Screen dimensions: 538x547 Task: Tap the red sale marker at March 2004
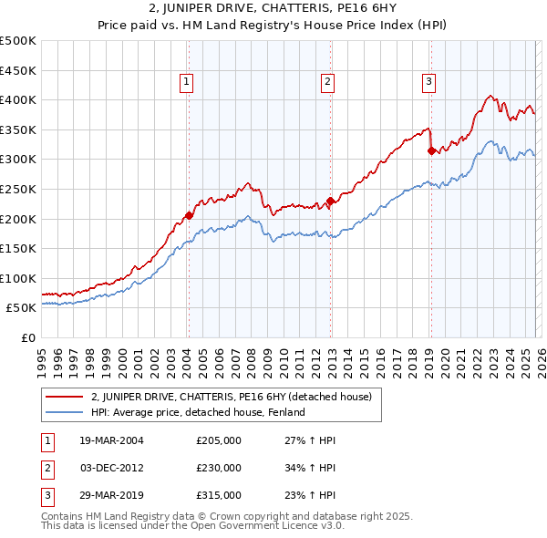189,215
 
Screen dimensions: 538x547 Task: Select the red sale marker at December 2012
330,201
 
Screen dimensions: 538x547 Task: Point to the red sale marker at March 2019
431,151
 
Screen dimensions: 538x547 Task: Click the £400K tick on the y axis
18,100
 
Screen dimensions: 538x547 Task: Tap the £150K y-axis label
18,248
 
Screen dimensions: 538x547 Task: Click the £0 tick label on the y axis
27,337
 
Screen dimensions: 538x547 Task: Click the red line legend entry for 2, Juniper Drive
231,397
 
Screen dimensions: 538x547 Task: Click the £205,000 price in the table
218,440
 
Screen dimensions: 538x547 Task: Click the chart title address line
273,9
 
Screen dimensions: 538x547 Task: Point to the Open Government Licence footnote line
192,526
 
